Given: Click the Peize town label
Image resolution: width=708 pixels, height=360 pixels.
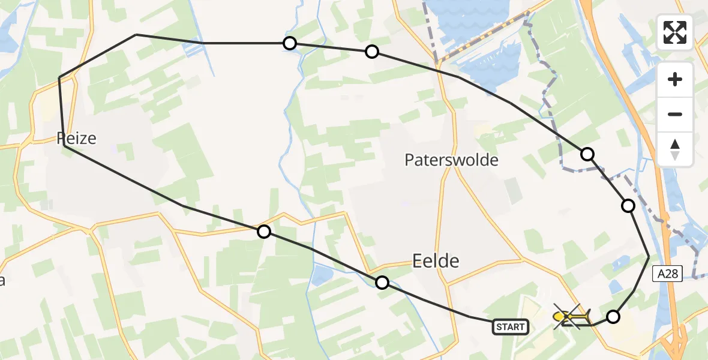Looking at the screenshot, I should click(76, 139).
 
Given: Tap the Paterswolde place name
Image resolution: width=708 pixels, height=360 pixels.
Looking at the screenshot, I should click(451, 160).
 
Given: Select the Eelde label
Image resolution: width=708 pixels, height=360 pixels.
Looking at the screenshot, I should click(436, 260).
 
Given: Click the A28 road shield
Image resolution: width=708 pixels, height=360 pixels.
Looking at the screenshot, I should click(667, 274).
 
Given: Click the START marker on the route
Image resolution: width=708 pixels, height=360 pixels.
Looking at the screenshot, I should click(511, 327).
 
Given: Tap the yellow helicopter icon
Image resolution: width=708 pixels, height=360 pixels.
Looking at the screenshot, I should click(571, 316).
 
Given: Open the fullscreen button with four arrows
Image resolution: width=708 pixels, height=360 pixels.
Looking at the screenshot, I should click(675, 32).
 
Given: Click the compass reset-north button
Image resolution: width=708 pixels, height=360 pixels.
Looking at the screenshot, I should click(675, 149).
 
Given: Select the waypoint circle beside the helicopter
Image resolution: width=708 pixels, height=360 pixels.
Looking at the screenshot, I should click(613, 317).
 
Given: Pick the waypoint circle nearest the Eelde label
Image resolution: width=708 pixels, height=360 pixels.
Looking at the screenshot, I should click(382, 282).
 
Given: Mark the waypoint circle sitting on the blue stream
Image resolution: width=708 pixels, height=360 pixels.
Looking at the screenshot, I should click(290, 43).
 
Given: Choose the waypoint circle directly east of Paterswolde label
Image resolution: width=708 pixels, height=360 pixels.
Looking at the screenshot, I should click(587, 154).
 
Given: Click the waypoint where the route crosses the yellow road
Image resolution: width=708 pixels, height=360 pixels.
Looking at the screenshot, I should click(264, 231).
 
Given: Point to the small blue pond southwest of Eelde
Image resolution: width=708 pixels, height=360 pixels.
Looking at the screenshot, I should click(322, 275).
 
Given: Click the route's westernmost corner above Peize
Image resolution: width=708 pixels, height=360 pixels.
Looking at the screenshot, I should click(59, 78).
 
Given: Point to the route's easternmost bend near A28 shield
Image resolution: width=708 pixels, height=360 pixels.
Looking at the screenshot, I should click(649, 256).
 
